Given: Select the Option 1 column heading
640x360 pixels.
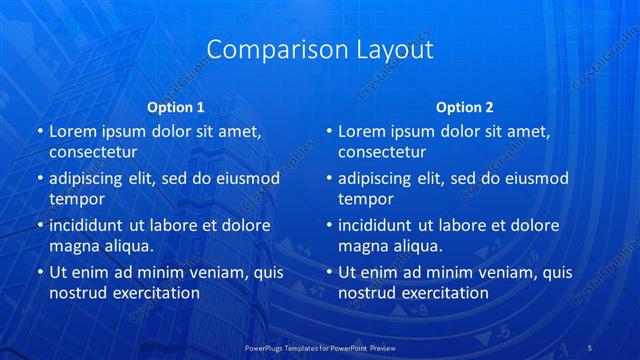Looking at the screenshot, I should tap(176, 107).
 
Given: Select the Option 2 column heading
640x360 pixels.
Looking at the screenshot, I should tap(464, 107).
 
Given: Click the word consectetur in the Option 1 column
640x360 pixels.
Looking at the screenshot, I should tap(93, 152).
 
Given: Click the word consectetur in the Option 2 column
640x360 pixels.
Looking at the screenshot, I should tap(382, 152).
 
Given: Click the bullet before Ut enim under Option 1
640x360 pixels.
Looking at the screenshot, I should tap(39, 272).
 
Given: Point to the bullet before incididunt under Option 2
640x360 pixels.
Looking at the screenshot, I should tap(328, 225).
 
